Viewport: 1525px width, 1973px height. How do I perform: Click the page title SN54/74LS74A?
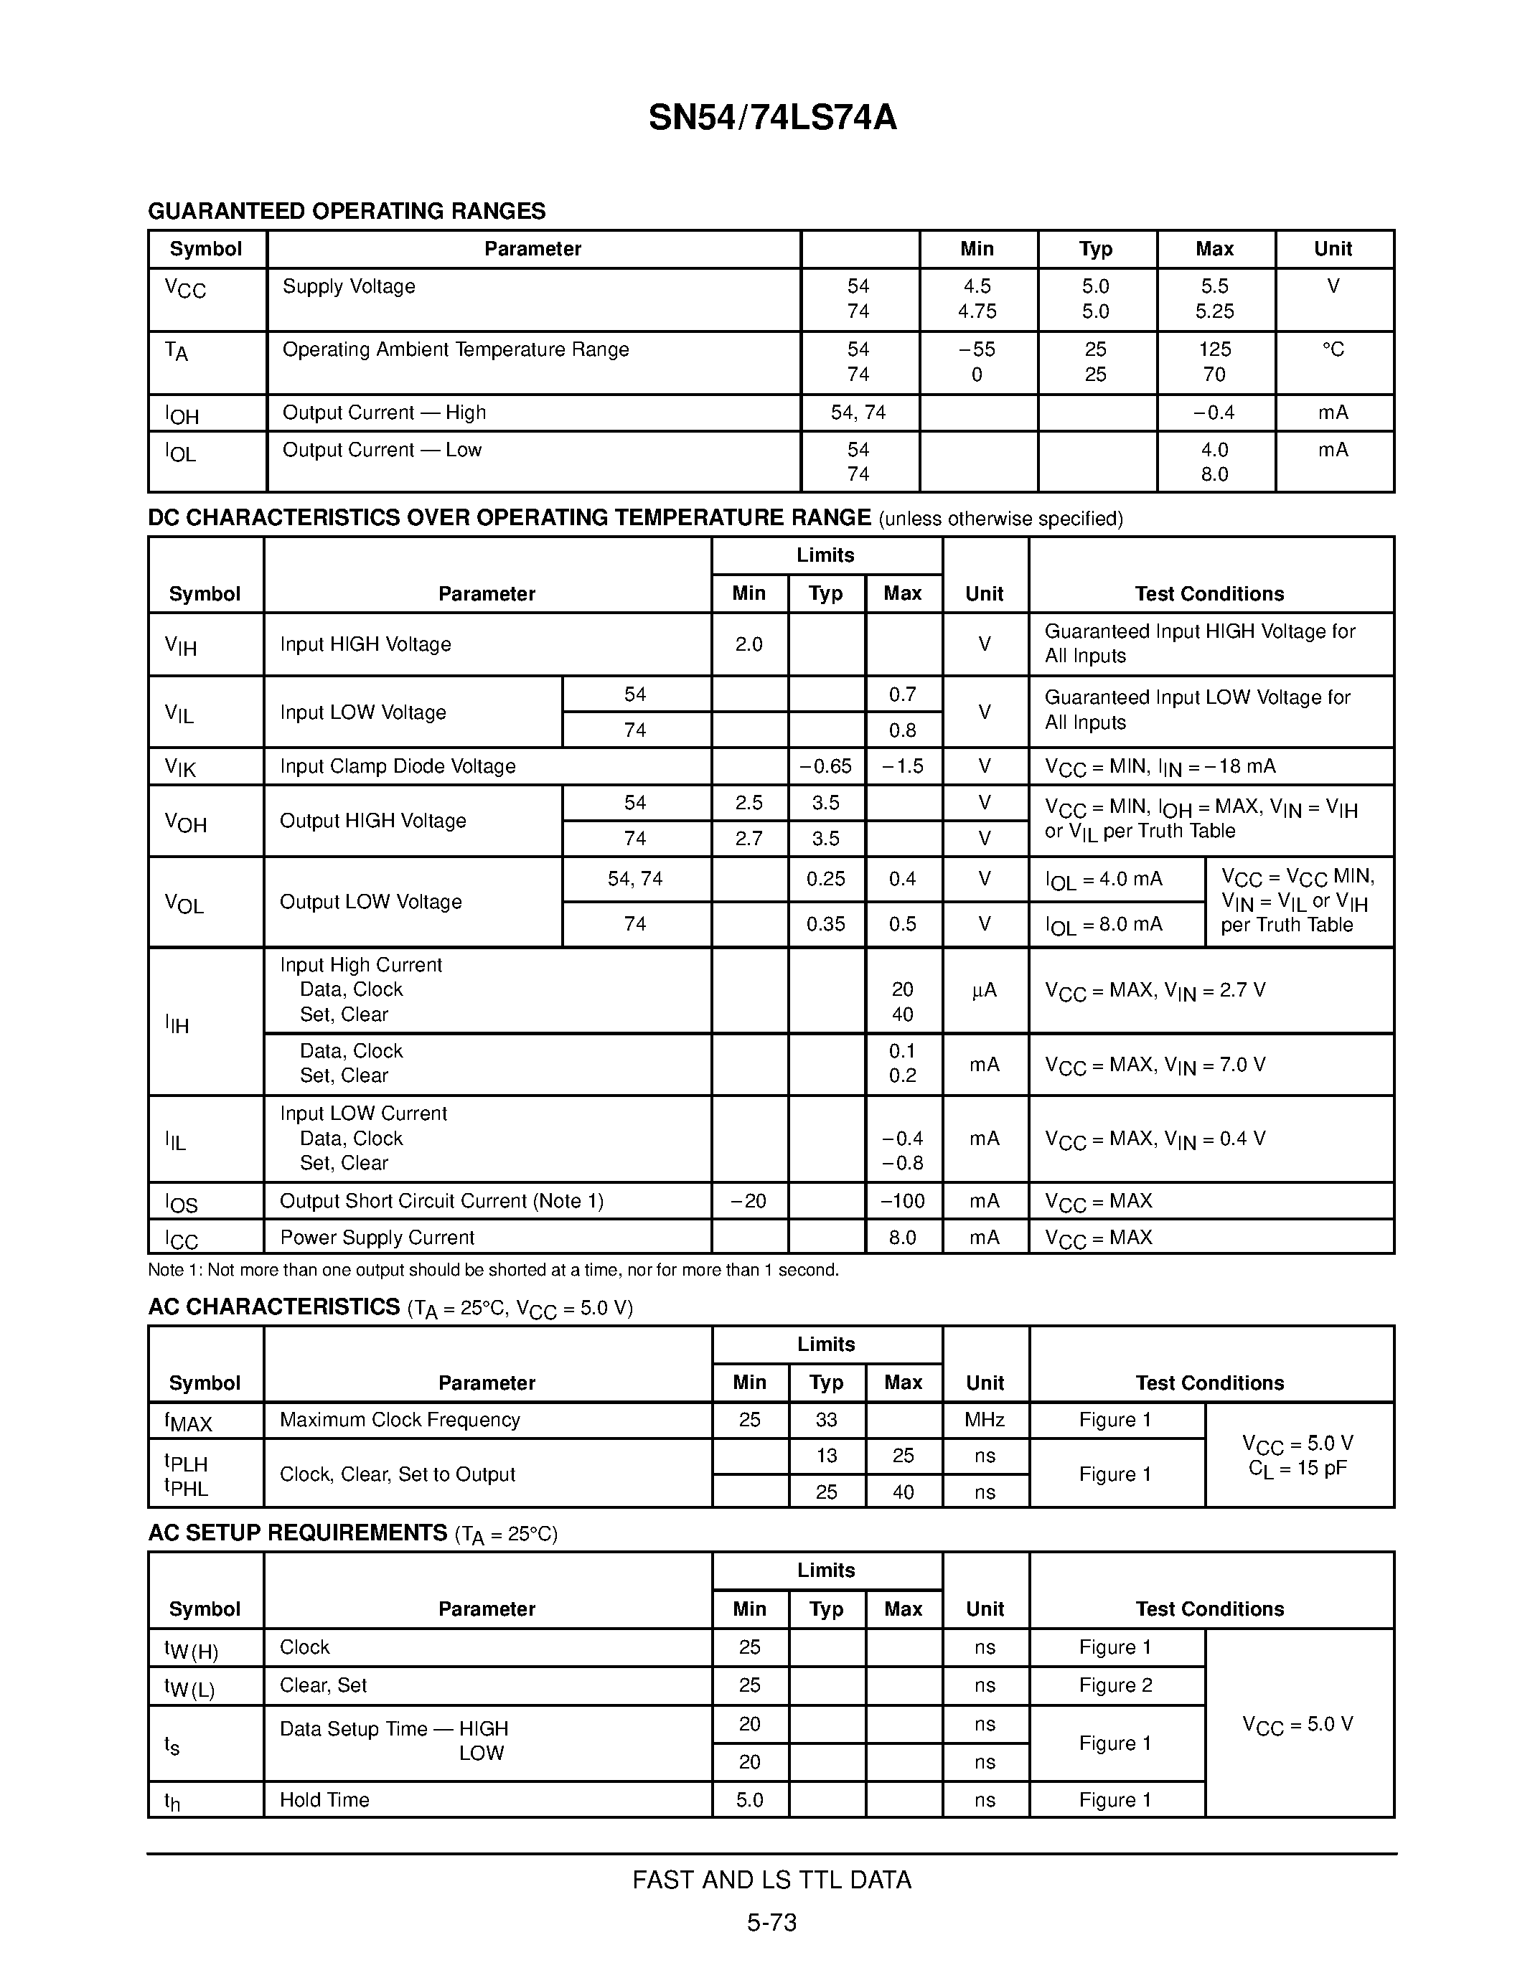point(772,118)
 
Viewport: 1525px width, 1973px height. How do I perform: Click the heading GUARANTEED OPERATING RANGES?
point(347,212)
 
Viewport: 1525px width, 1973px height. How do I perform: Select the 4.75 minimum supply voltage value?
point(977,311)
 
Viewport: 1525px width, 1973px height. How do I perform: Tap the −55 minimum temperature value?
point(977,349)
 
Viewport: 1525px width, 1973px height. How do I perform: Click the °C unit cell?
point(1333,349)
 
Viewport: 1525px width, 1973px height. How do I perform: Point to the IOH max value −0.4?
point(1214,413)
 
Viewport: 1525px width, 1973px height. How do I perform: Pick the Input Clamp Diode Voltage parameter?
point(398,766)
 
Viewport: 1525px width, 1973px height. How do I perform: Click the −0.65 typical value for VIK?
point(826,766)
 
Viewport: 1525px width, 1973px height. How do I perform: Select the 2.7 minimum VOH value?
point(749,838)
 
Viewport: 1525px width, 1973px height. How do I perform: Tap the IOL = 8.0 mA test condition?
point(1104,924)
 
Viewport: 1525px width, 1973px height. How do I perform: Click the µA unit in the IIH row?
point(984,990)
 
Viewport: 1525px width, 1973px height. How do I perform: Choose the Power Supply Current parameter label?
point(377,1238)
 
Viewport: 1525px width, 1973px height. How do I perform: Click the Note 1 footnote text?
point(493,1270)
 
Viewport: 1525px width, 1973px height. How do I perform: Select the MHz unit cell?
point(984,1419)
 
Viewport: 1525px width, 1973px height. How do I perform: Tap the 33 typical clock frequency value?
point(826,1419)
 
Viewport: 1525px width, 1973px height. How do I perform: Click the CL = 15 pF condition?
point(1298,1468)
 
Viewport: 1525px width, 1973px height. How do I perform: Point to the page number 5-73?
point(771,1922)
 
